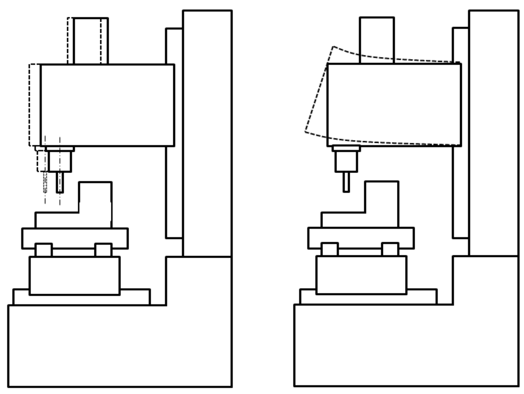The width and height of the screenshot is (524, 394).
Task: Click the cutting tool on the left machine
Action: (x=60, y=182)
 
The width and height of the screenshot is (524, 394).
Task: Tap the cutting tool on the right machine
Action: (x=346, y=182)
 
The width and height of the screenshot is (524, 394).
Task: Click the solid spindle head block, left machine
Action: (x=107, y=105)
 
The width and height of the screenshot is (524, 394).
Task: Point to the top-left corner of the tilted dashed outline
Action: (x=333, y=47)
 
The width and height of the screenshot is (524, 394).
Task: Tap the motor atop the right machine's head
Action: (x=377, y=40)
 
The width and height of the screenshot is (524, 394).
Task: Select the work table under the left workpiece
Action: (x=75, y=238)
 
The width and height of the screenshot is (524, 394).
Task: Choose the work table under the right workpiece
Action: (x=361, y=238)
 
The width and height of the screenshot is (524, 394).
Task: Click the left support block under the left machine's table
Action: (x=43, y=250)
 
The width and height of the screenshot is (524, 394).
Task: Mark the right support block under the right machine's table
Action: (x=390, y=250)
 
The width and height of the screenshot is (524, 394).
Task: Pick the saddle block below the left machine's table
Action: (x=74, y=275)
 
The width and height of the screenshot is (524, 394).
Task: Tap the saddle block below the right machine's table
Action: (x=361, y=275)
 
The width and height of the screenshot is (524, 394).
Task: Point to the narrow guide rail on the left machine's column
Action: (x=174, y=194)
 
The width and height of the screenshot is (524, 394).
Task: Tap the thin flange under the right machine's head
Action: (x=346, y=149)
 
